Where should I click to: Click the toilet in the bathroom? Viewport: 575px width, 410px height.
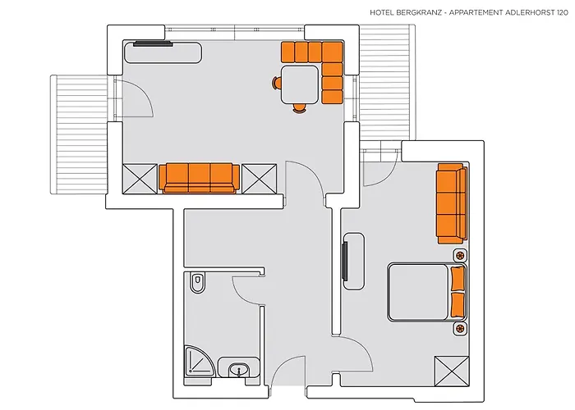tap(198, 283)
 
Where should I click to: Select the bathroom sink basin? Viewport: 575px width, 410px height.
tap(239, 369)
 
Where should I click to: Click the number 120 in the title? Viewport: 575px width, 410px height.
tap(562, 13)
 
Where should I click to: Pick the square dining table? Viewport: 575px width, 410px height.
tap(300, 84)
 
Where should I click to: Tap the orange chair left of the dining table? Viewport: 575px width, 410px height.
tap(277, 83)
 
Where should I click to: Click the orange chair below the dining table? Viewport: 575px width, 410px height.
tap(299, 107)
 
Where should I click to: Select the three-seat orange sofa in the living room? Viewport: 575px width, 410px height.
tap(199, 178)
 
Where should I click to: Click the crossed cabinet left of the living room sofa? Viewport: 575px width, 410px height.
tap(140, 179)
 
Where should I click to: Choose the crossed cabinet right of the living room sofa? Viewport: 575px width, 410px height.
tap(260, 179)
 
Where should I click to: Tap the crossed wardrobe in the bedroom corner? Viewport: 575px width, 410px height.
tap(452, 371)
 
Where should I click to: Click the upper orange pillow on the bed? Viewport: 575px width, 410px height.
tap(458, 279)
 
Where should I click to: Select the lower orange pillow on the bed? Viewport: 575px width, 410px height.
tap(458, 304)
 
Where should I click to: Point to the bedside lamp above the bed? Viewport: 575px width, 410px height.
tap(460, 255)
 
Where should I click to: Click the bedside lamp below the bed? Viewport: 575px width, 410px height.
tap(460, 329)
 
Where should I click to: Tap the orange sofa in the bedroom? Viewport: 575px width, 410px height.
tap(452, 203)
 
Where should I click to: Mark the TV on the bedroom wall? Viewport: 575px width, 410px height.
tap(344, 261)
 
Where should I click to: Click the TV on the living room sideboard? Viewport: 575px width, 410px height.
tap(153, 43)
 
